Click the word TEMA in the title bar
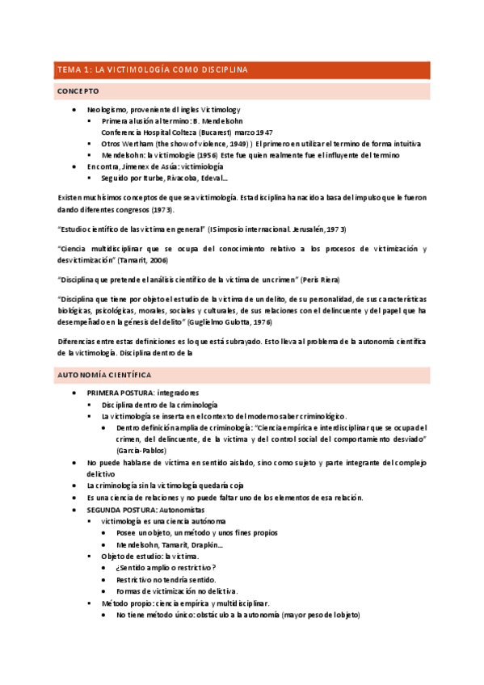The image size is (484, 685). (x=67, y=70)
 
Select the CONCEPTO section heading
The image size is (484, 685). (x=78, y=92)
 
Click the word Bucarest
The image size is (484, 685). (x=212, y=132)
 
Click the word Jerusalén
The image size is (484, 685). (x=311, y=229)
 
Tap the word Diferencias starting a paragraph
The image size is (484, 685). (x=78, y=341)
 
